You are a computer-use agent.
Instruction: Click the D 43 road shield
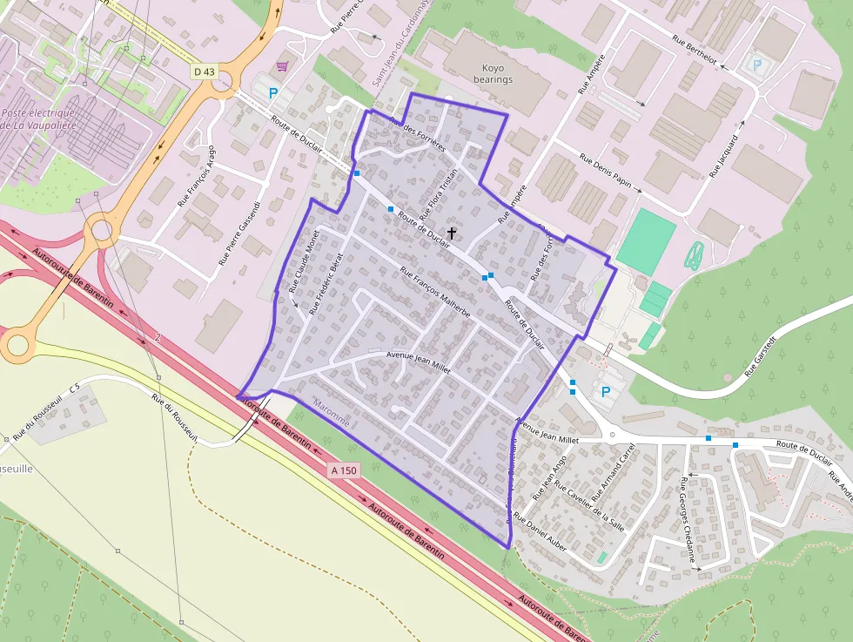click(x=204, y=71)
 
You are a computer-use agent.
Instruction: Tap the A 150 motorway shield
click(x=345, y=470)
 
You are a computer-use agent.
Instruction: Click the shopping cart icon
click(x=281, y=66)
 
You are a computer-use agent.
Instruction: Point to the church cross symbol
click(x=451, y=233)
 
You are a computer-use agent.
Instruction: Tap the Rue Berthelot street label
click(x=694, y=50)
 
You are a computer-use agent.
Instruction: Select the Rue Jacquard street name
click(x=723, y=156)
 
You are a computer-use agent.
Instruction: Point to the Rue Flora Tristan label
click(x=438, y=193)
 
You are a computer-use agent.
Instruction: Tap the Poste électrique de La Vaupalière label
click(x=38, y=119)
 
